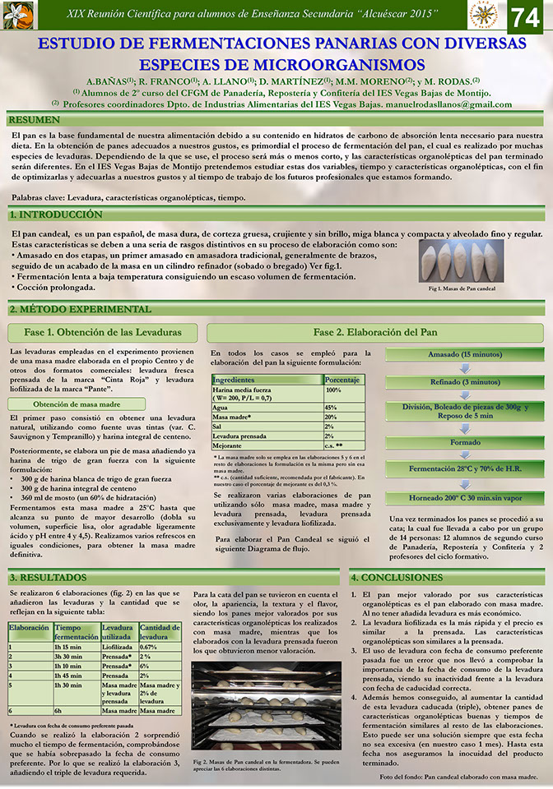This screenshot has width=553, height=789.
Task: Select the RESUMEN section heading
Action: [x=35, y=120]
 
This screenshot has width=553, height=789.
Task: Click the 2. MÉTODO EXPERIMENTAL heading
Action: [x=81, y=309]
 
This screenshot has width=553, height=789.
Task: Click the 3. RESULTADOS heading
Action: [x=51, y=578]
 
